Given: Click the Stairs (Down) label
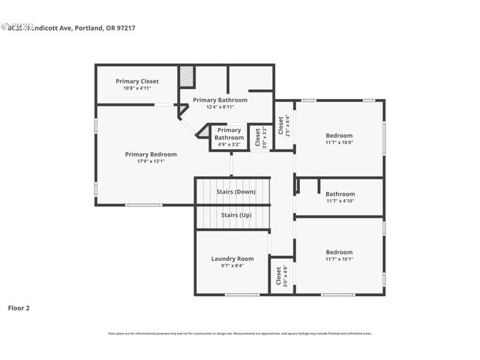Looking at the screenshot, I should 236,192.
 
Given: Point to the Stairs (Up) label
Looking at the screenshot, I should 236,215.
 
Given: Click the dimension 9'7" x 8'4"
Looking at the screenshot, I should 232,265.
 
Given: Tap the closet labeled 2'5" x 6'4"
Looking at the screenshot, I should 283,124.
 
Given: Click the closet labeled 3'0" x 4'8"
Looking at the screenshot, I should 281,277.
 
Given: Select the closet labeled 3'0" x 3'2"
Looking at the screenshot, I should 259,137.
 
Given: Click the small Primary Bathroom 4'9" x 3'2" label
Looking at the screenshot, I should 229,133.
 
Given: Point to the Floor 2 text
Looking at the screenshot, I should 19,307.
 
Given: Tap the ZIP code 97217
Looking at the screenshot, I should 124,28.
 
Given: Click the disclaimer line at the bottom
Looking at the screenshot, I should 239,334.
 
